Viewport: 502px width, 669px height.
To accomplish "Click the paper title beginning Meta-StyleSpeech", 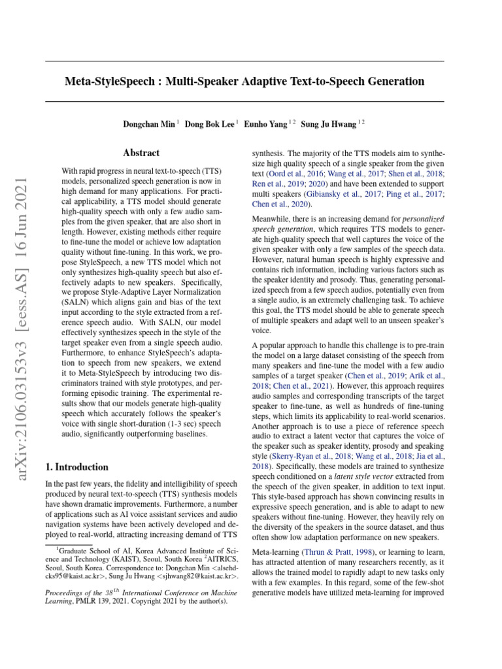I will pos(244,82).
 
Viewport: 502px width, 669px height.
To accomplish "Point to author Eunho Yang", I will pos(266,123).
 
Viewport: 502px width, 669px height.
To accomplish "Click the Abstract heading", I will pos(141,153).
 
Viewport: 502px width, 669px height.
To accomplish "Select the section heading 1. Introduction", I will pos(76,467).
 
